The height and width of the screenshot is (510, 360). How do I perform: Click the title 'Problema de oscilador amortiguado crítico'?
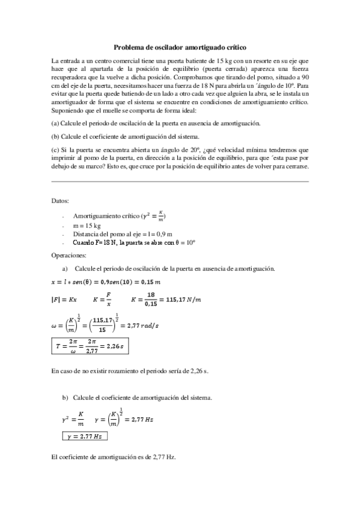tap(180, 46)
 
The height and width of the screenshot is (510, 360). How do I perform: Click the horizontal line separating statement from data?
tap(180, 182)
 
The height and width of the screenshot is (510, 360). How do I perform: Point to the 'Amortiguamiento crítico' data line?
tap(119, 215)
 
